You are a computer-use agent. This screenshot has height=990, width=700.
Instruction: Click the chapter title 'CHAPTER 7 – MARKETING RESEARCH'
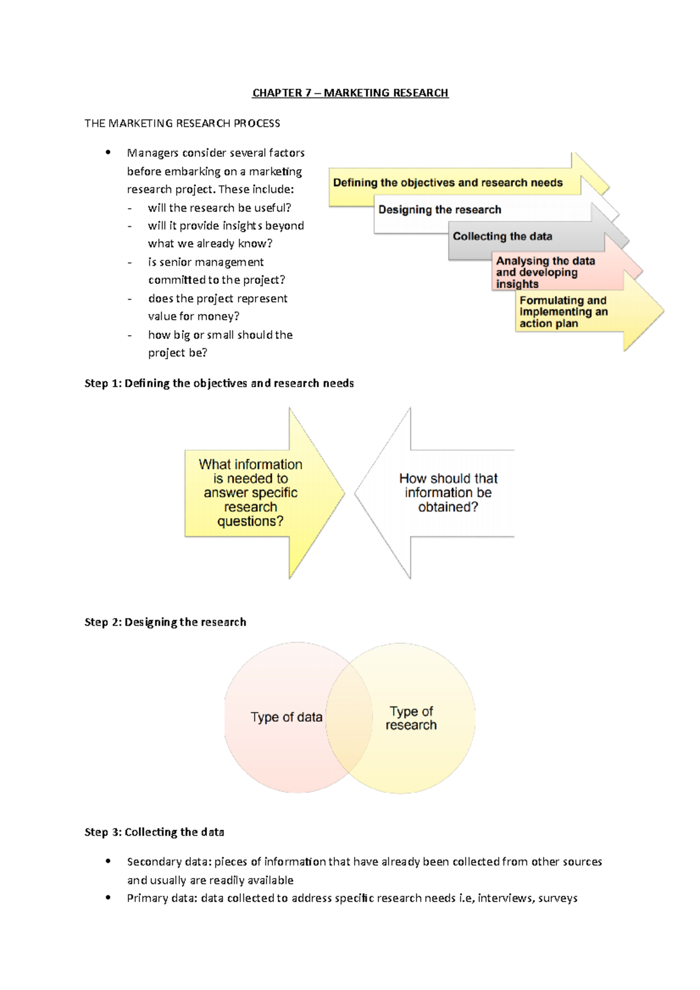click(350, 93)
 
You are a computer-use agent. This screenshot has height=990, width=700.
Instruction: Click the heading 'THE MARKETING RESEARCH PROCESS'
click(182, 124)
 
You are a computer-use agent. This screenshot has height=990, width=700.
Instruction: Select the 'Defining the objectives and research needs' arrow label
click(447, 183)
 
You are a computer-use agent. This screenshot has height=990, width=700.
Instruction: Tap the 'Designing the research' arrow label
click(439, 210)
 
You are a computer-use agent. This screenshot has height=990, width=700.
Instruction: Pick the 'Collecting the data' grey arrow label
click(502, 237)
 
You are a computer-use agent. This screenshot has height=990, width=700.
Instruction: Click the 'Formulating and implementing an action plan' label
click(563, 312)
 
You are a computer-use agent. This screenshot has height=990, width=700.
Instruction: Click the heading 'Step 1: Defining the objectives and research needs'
click(219, 384)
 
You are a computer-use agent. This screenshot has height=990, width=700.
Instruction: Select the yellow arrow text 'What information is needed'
click(250, 493)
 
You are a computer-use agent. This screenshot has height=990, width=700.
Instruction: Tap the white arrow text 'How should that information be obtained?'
click(448, 493)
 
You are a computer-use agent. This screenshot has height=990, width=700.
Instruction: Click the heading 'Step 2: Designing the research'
click(165, 622)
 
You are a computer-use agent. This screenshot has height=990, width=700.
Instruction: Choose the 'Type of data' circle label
click(286, 717)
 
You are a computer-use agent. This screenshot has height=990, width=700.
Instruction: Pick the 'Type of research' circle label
click(411, 718)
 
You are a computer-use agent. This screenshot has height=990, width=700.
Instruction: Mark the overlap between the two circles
click(349, 717)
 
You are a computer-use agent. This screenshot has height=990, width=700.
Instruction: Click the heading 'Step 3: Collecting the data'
click(154, 833)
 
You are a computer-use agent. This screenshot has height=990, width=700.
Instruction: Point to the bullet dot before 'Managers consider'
click(108, 153)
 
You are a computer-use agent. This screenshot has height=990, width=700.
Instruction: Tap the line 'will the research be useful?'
click(219, 208)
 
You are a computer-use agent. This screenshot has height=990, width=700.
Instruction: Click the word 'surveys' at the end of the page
click(558, 898)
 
